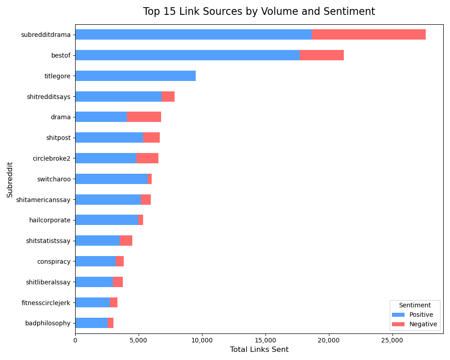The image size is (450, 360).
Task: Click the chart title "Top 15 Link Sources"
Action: pos(259,12)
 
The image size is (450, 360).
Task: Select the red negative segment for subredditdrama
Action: pos(369,35)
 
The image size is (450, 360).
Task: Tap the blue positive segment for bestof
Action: pos(187,55)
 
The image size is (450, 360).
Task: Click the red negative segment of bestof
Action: pos(321,55)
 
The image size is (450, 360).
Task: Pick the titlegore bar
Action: pos(135,76)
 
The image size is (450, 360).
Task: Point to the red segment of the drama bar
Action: pos(144,117)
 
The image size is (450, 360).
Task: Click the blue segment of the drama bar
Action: pos(101,117)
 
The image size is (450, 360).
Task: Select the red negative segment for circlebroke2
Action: pos(147,158)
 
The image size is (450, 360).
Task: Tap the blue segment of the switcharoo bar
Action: pos(111,179)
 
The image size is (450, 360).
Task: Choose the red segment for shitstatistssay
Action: pos(126,241)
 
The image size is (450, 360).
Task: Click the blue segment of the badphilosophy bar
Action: pos(91,323)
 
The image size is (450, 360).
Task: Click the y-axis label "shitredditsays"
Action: pos(49,97)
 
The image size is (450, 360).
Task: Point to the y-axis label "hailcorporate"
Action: pos(49,220)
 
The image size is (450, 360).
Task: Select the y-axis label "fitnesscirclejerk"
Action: pos(46,303)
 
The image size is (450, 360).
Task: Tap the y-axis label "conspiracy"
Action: pos(54,261)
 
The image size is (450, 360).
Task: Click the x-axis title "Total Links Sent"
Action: pos(259,350)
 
